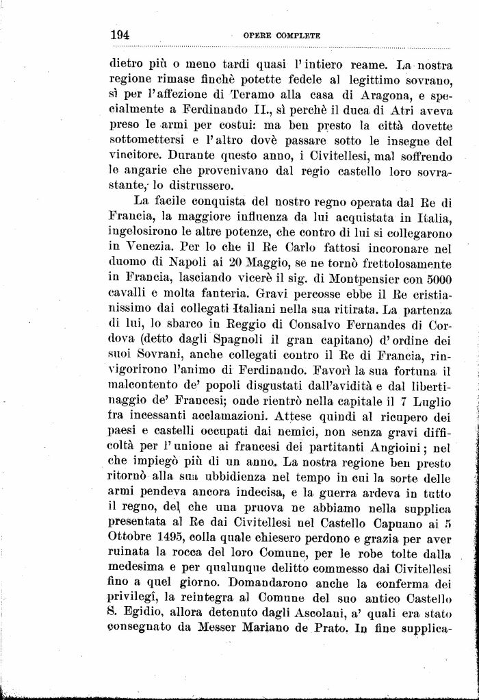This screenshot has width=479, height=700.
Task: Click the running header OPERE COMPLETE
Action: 282,34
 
